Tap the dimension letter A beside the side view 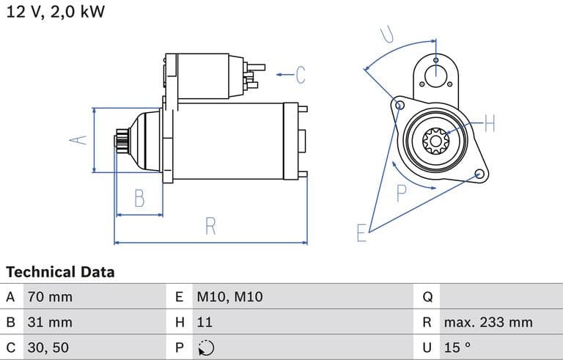pos(81,139)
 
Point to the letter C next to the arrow pos(300,74)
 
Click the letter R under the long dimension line pos(210,227)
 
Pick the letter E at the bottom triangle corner pos(361,233)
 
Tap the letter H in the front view pos(490,124)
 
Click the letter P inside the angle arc pos(402,194)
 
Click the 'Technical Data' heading pos(60,272)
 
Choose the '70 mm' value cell pos(50,297)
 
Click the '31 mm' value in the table pos(50,322)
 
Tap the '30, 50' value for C pos(49,347)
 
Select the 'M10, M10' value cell pos(229,297)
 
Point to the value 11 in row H pos(205,322)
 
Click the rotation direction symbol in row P pos(206,348)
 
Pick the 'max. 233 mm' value pos(487,322)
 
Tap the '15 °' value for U pos(457,347)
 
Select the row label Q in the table pos(428,297)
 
